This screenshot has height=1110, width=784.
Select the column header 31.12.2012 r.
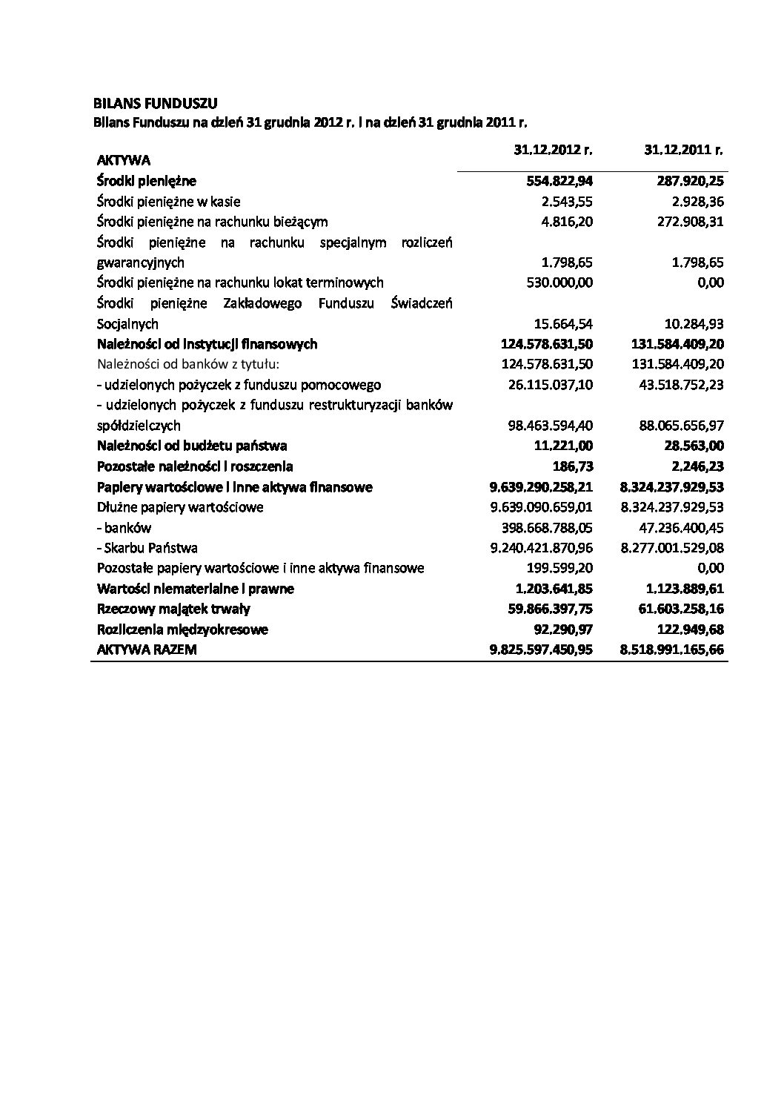(553, 149)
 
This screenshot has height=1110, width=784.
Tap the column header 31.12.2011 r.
(683, 149)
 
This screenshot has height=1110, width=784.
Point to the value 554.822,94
(558, 181)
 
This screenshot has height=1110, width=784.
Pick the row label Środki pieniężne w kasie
(169, 202)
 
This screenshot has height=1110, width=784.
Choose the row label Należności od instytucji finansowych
(207, 344)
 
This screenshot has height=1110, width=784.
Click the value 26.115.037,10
(547, 385)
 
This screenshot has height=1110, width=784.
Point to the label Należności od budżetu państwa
(192, 446)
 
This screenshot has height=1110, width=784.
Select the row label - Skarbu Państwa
(147, 548)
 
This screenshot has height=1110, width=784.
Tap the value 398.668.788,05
(547, 528)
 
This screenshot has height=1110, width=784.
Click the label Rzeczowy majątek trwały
(173, 609)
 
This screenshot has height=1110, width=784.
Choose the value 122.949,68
(689, 630)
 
